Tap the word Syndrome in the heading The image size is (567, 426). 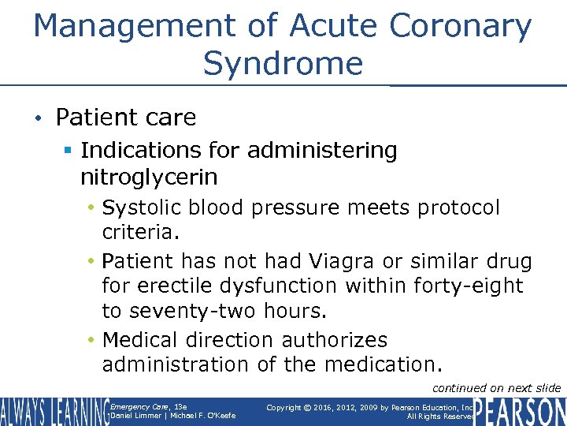pyautogui.click(x=283, y=63)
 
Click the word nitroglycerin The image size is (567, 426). pyautogui.click(x=149, y=176)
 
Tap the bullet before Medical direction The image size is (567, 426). pyautogui.click(x=92, y=341)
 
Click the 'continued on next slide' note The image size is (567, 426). pyautogui.click(x=497, y=387)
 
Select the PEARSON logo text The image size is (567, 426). pyautogui.click(x=520, y=411)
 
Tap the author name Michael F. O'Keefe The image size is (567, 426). pyautogui.click(x=208, y=416)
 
